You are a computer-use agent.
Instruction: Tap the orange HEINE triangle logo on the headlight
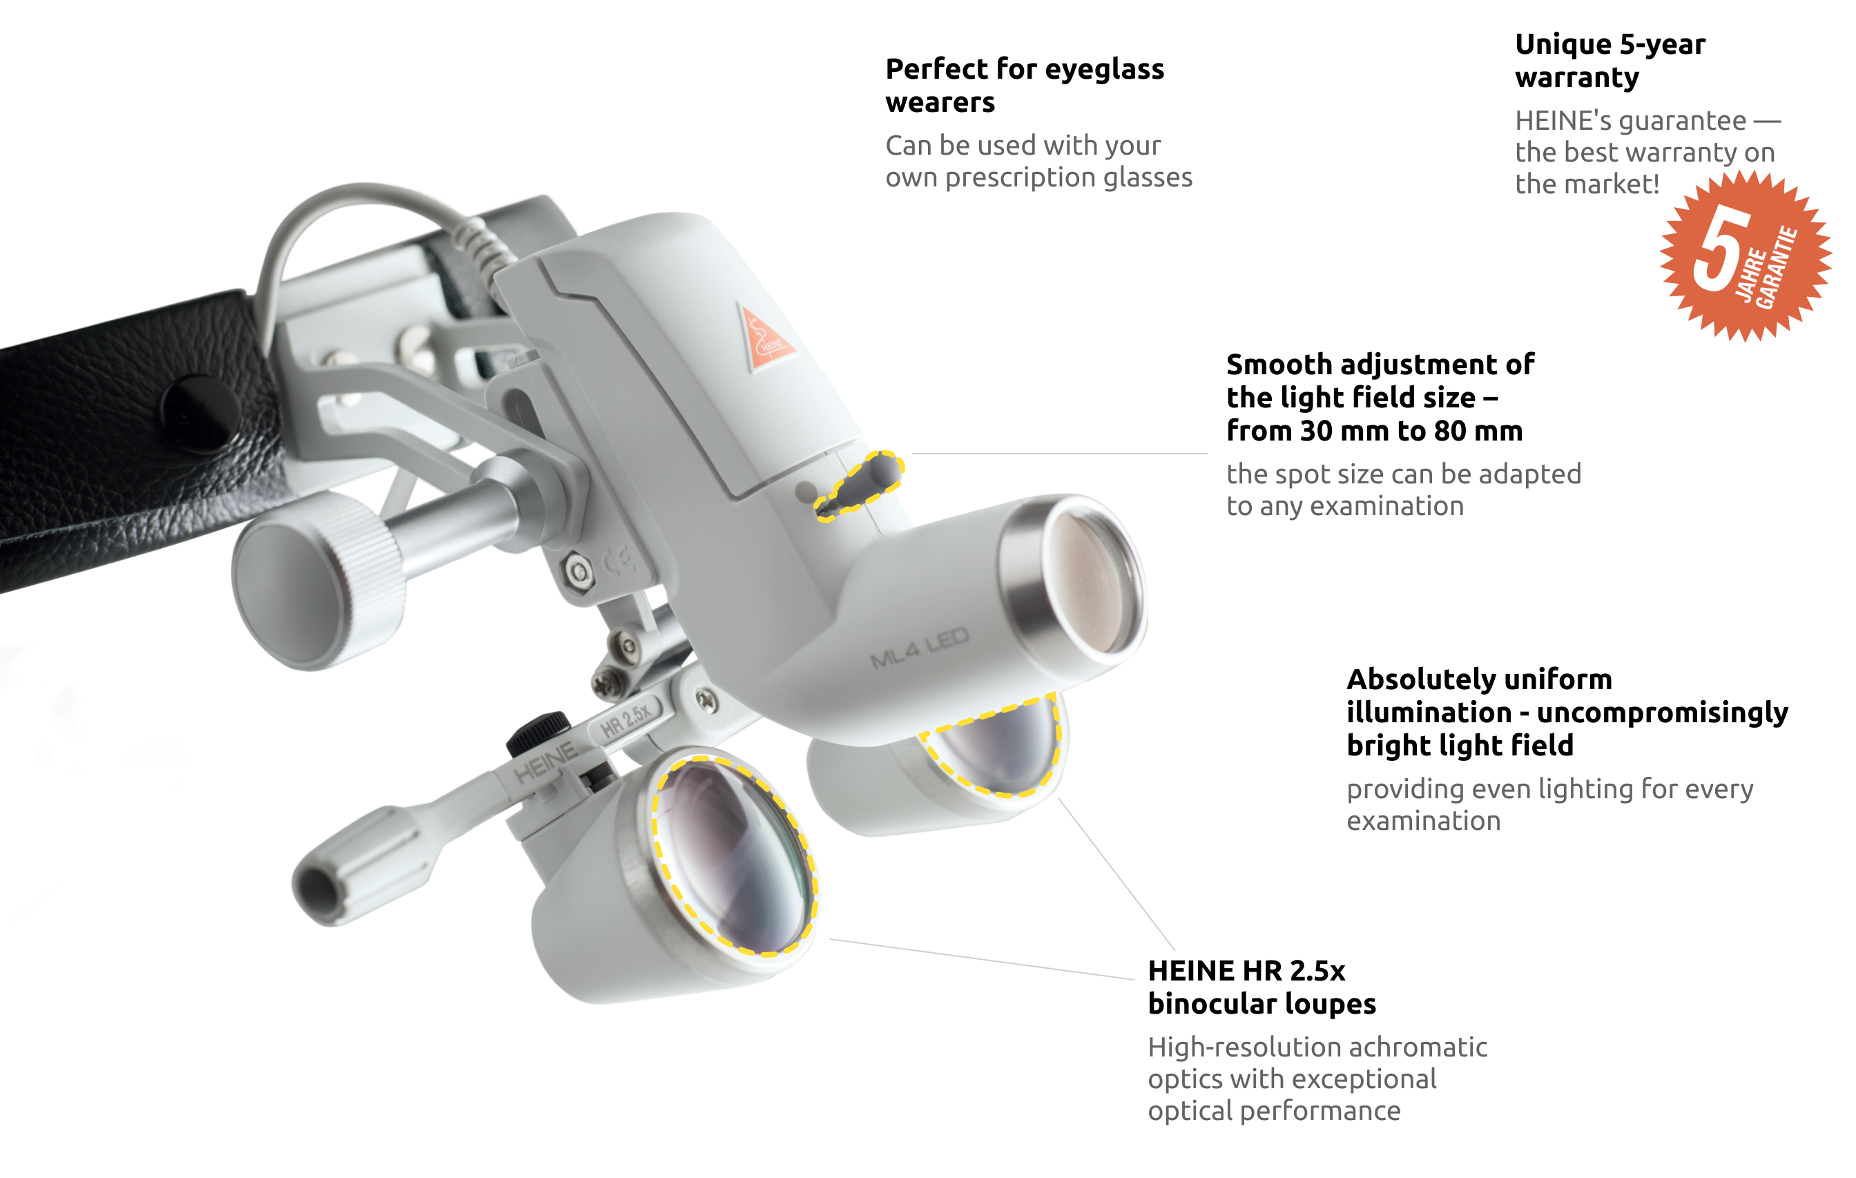pyautogui.click(x=765, y=339)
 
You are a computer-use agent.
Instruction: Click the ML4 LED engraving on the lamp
pyautogui.click(x=920, y=648)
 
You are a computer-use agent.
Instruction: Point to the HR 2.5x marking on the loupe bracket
pyautogui.click(x=626, y=720)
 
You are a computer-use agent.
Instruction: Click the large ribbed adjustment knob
pyautogui.click(x=318, y=580)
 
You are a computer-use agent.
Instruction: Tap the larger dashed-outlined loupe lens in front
pyautogui.click(x=734, y=856)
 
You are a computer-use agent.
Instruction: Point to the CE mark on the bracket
pyautogui.click(x=619, y=561)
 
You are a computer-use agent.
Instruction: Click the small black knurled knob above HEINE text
pyautogui.click(x=539, y=732)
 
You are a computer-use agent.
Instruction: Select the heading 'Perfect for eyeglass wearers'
pyautogui.click(x=1025, y=85)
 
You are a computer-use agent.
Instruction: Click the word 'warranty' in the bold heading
pyautogui.click(x=1576, y=78)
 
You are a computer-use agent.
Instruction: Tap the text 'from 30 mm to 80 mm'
pyautogui.click(x=1374, y=431)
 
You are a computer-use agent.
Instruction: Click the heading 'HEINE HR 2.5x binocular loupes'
pyautogui.click(x=1261, y=987)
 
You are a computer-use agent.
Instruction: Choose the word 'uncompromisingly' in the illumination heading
pyautogui.click(x=1662, y=713)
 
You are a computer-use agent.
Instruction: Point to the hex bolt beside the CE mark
pyautogui.click(x=579, y=572)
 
